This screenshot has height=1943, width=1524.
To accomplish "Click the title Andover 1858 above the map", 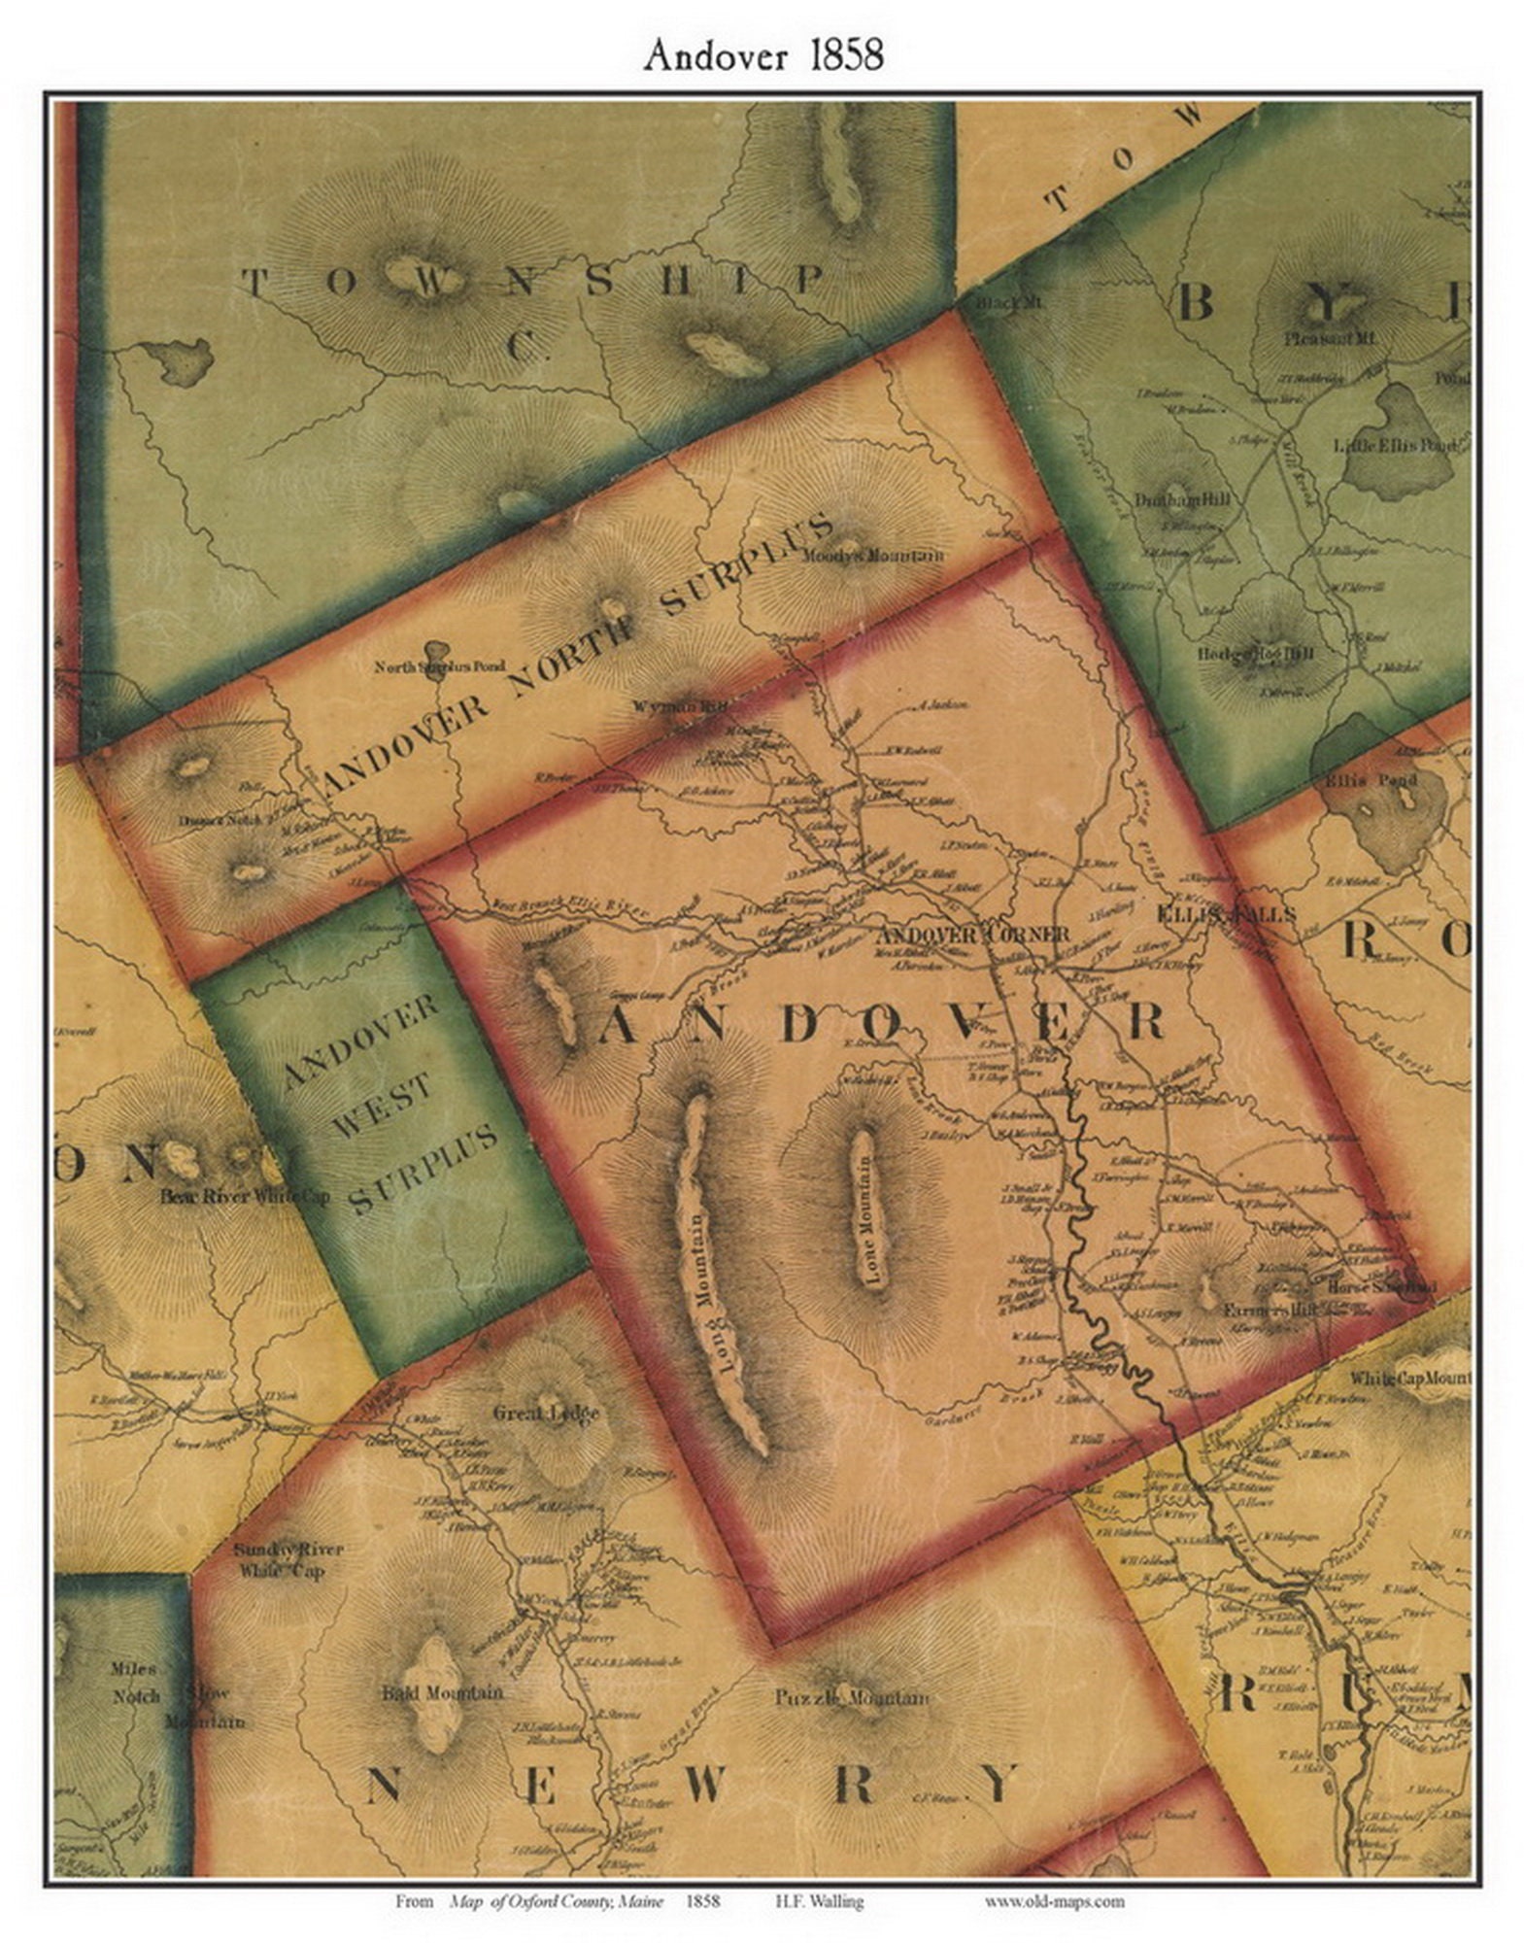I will [x=762, y=55].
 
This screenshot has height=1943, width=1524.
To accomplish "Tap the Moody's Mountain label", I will [x=874, y=557].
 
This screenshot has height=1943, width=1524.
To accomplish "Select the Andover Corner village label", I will [x=972, y=935].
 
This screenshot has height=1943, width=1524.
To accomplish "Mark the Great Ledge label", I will [x=546, y=1413].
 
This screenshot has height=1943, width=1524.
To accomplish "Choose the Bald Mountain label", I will [x=443, y=1692].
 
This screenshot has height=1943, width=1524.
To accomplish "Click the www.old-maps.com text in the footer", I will [x=1054, y=1901].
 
